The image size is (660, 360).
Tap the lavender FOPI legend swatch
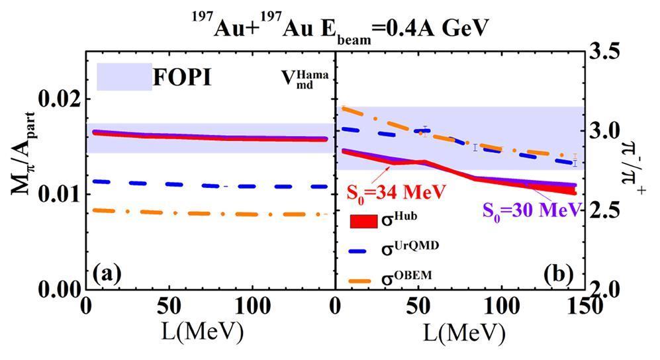124,77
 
